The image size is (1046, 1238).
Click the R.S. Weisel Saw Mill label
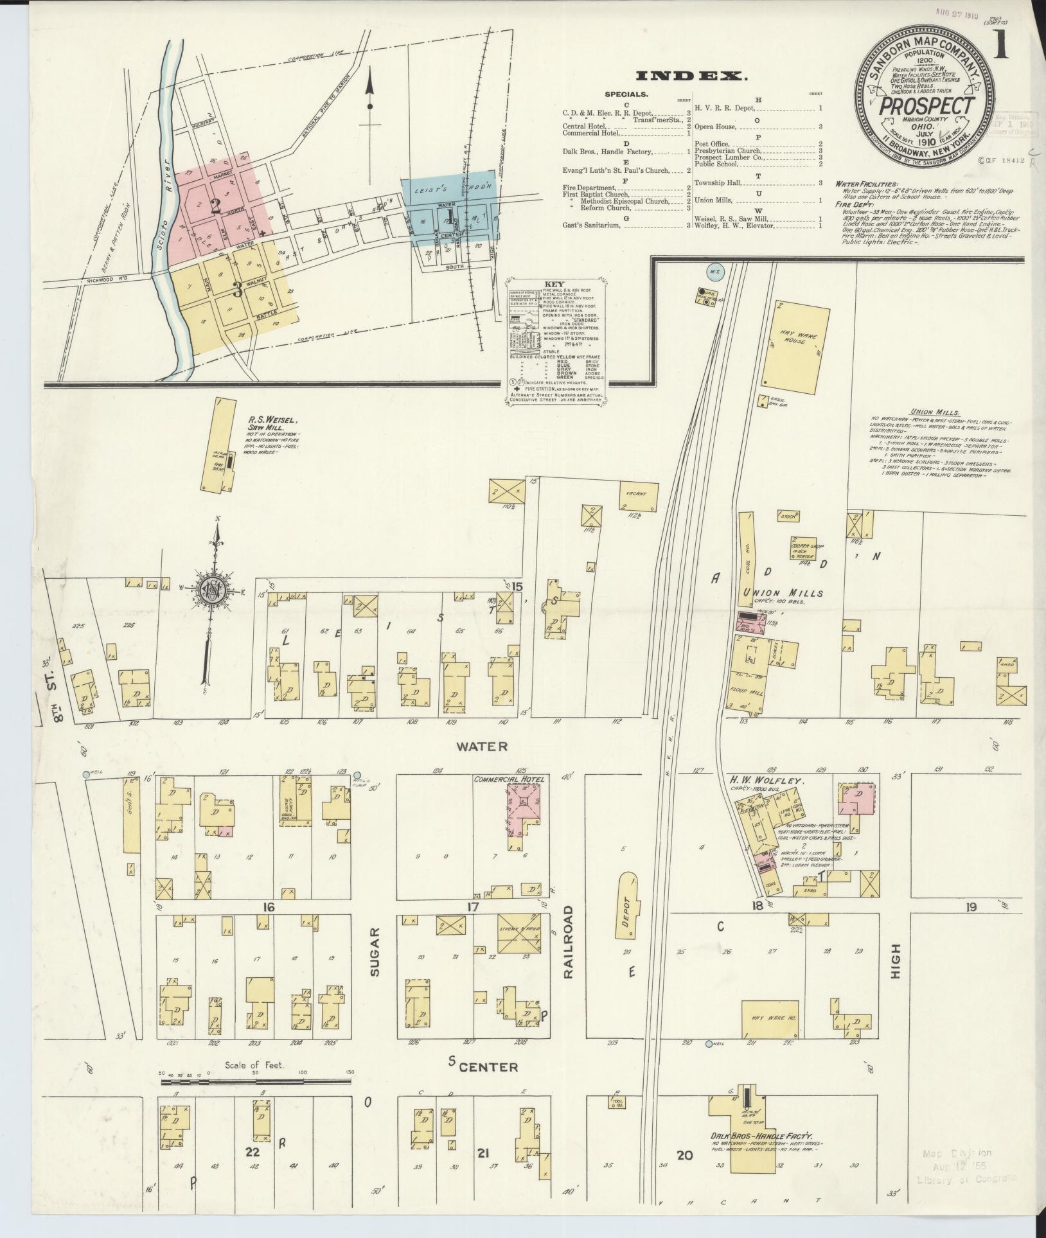coord(272,424)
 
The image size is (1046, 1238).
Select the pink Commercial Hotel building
coord(523,811)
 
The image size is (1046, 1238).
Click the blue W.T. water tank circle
coord(715,271)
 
